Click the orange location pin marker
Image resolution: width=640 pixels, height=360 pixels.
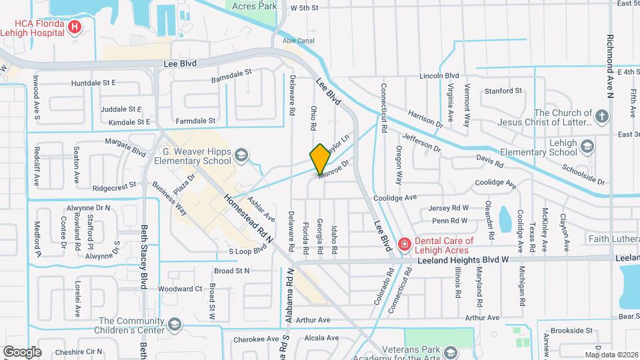pyautogui.click(x=320, y=159)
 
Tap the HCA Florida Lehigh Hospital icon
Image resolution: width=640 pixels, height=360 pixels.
pyautogui.click(x=75, y=27)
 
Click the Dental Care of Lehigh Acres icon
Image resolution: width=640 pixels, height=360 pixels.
pyautogui.click(x=403, y=245)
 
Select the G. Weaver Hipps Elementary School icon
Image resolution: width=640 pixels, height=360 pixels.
pyautogui.click(x=241, y=155)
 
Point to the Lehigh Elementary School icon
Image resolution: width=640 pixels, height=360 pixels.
pyautogui.click(x=587, y=146)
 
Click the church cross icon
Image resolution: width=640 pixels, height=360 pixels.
pyautogui.click(x=602, y=117)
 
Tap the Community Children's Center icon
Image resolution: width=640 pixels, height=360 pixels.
pyautogui.click(x=175, y=325)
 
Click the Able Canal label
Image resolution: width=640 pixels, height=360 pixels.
pyautogui.click(x=298, y=40)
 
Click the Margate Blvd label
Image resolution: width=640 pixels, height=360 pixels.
pyautogui.click(x=129, y=153)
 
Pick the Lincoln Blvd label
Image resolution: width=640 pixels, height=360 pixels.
pyautogui.click(x=439, y=76)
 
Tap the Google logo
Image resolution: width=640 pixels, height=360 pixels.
pyautogui.click(x=23, y=351)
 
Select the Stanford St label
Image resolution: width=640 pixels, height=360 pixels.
pyautogui.click(x=503, y=91)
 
